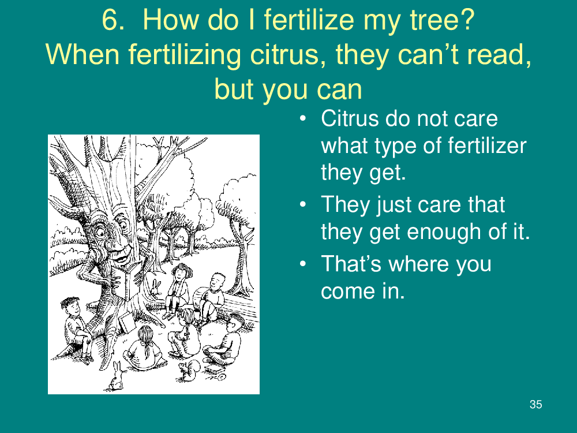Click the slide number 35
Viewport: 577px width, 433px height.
pyautogui.click(x=536, y=404)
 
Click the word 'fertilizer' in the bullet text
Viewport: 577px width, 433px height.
pyautogui.click(x=486, y=145)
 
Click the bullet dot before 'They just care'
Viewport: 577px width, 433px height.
pyautogui.click(x=303, y=204)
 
